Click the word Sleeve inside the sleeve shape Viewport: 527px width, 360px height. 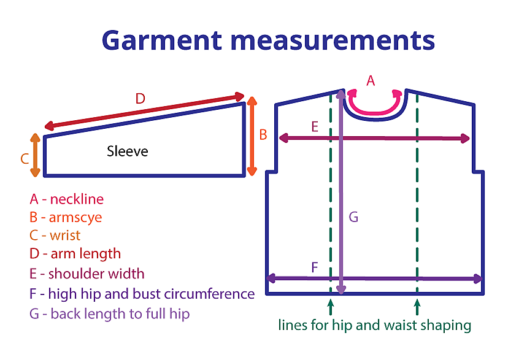(127, 151)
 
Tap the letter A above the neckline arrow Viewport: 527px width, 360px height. (370, 80)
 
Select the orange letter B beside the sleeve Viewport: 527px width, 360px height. (263, 134)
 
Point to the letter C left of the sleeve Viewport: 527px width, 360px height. (25, 159)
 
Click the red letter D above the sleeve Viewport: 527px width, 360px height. (140, 98)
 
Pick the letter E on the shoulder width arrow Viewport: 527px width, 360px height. (315, 127)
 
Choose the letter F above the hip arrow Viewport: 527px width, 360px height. (315, 267)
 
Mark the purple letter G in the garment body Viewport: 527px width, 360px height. (353, 216)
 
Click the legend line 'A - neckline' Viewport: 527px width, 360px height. (66, 199)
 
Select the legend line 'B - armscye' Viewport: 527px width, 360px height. (65, 218)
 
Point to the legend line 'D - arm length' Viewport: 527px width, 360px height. (75, 253)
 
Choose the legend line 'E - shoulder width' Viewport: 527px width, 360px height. (87, 273)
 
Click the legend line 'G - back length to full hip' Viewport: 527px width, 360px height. (109, 314)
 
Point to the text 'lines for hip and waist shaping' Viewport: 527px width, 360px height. (374, 325)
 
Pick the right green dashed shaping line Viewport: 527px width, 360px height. (417, 196)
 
